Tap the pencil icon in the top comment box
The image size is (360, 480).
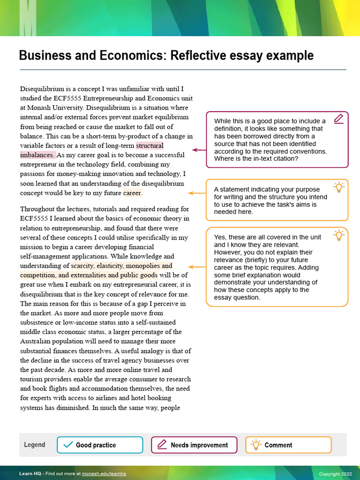(x=338, y=119)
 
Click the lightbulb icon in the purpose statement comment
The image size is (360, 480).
(x=338, y=187)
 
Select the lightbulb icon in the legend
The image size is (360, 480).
(x=255, y=445)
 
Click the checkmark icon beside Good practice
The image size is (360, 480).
(x=68, y=445)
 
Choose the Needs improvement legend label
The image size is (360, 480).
(x=199, y=445)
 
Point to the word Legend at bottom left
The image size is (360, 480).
(x=35, y=445)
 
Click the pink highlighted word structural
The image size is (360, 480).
(x=150, y=145)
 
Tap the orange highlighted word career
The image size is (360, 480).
(x=132, y=193)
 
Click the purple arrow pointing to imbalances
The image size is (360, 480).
(x=199, y=150)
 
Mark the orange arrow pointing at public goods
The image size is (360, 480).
(x=197, y=267)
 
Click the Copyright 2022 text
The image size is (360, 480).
(x=335, y=474)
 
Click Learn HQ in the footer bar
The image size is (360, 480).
(x=29, y=474)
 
